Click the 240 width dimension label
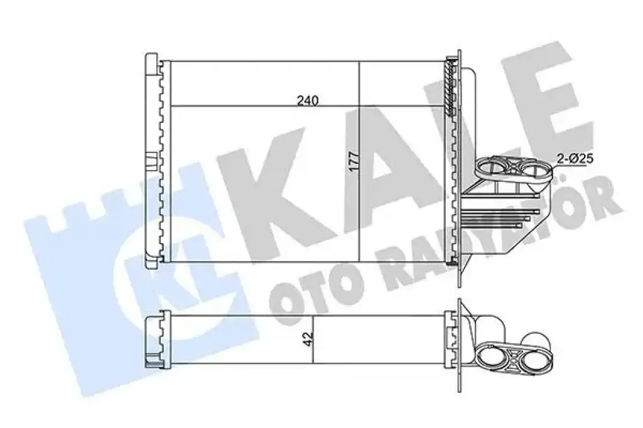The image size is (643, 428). [x=308, y=100]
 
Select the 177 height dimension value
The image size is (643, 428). [x=354, y=161]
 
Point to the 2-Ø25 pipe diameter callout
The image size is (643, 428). [x=575, y=158]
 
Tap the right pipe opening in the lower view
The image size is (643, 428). [x=535, y=358]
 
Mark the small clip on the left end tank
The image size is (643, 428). [x=151, y=160]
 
